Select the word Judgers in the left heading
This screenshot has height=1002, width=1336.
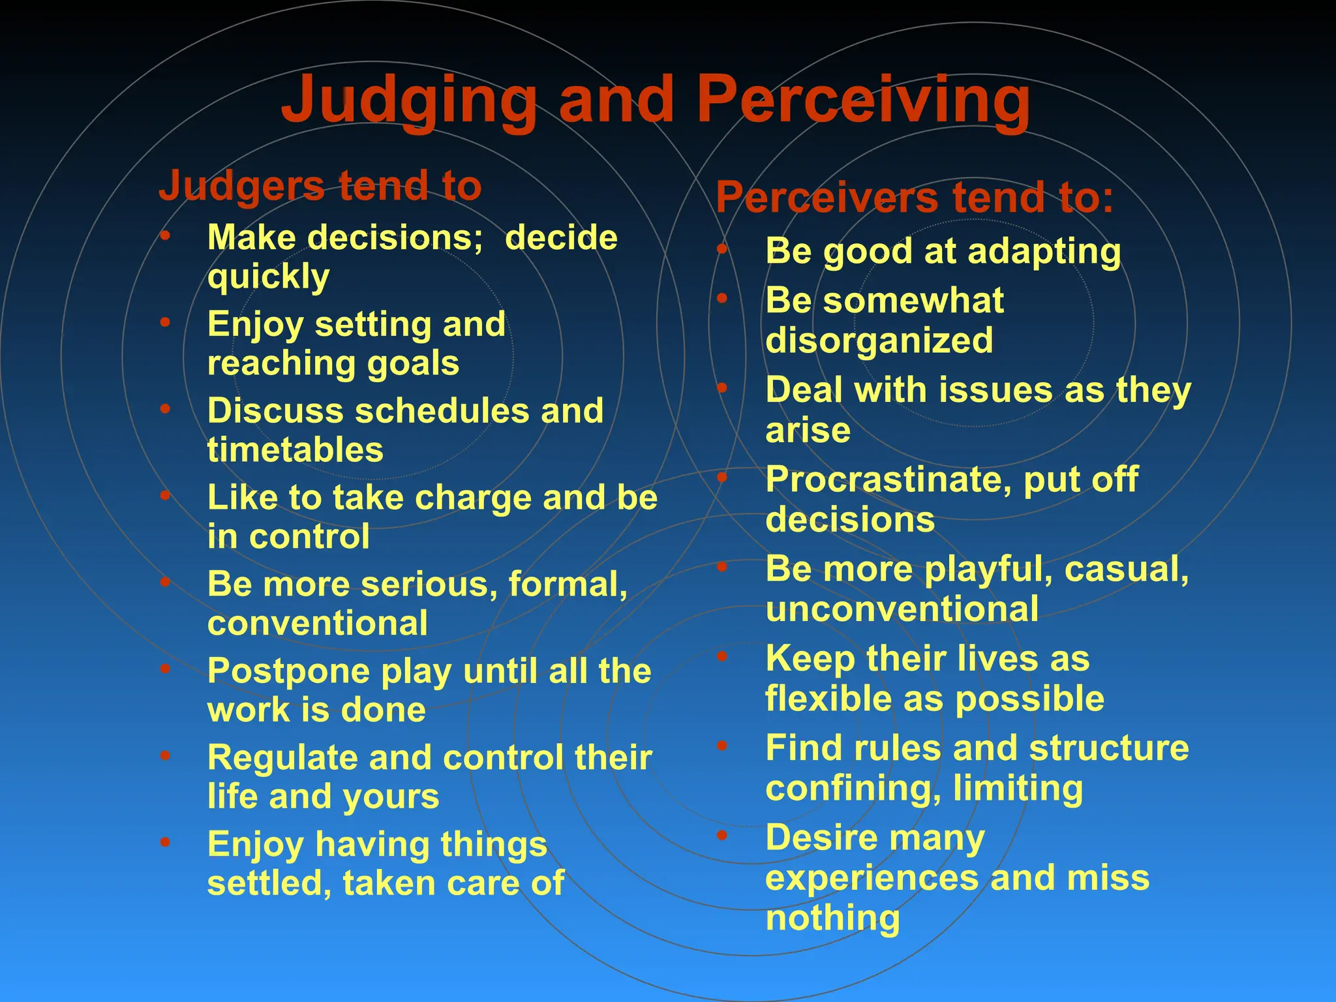coord(241,187)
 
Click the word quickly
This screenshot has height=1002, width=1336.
coord(268,278)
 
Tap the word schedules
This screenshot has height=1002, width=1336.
coord(442,411)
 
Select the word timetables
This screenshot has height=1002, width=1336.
coord(296,450)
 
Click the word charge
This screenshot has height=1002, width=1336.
coord(474,498)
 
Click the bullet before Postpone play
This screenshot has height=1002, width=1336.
coord(166,669)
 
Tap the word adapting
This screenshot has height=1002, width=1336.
coord(1044,252)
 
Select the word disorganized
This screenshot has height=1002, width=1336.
coord(879,341)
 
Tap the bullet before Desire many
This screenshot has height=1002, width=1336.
coord(722,836)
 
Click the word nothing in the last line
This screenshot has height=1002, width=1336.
coord(832,918)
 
